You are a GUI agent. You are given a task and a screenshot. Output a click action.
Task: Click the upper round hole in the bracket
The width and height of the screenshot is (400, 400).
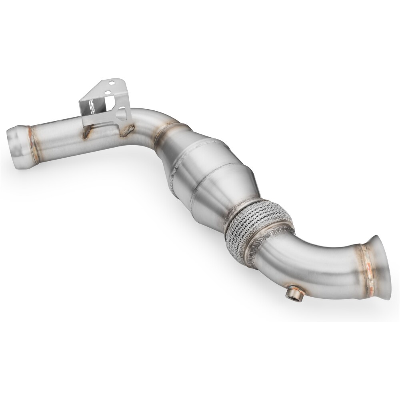114,84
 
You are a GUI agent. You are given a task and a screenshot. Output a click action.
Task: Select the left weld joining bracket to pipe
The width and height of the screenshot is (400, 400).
85,134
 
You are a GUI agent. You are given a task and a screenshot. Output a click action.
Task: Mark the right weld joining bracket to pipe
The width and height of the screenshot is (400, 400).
129,129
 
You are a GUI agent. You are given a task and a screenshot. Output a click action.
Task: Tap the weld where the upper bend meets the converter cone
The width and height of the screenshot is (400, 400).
166,134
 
